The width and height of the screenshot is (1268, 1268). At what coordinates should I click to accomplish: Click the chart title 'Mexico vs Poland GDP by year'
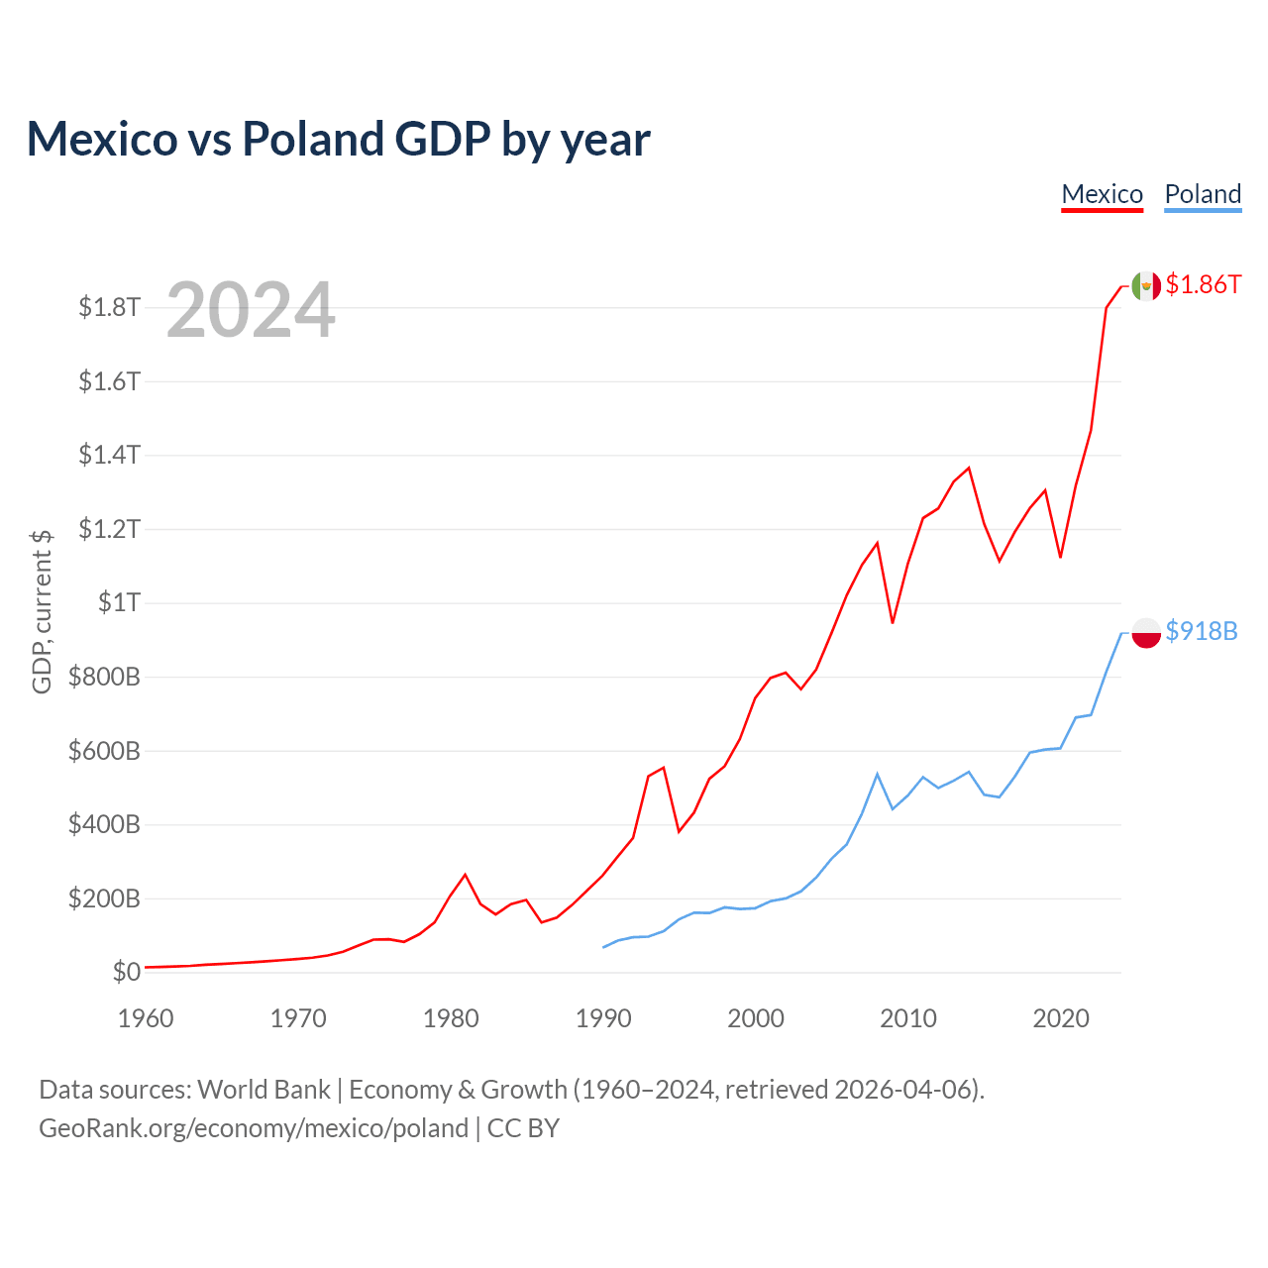pyautogui.click(x=338, y=139)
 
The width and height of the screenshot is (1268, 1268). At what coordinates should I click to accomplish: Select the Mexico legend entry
pyautogui.click(x=1102, y=194)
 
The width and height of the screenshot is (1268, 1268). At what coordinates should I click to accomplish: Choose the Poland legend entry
pyautogui.click(x=1203, y=194)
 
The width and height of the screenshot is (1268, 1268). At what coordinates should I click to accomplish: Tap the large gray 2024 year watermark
pyautogui.click(x=251, y=310)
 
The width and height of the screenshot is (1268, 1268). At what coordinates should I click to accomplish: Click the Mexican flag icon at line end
pyautogui.click(x=1146, y=285)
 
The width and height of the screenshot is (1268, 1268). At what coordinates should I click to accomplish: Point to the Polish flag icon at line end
pyautogui.click(x=1146, y=632)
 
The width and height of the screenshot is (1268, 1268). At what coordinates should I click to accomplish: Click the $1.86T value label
pyautogui.click(x=1203, y=284)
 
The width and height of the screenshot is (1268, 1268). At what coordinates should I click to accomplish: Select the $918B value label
pyautogui.click(x=1202, y=631)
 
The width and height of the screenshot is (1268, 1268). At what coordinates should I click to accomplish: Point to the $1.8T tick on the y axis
pyautogui.click(x=109, y=307)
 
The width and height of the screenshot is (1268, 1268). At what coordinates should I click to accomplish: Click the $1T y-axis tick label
pyautogui.click(x=119, y=602)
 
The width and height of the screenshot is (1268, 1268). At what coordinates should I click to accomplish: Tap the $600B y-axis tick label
pyautogui.click(x=104, y=751)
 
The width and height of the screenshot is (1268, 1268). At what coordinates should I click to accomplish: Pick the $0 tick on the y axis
pyautogui.click(x=126, y=972)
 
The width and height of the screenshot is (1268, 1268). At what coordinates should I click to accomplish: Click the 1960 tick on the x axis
pyautogui.click(x=146, y=1018)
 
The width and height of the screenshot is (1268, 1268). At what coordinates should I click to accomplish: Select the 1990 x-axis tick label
pyautogui.click(x=603, y=1018)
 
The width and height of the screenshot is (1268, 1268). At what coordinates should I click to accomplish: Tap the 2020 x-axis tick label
pyautogui.click(x=1061, y=1018)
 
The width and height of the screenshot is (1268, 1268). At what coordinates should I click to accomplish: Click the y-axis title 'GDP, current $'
pyautogui.click(x=42, y=611)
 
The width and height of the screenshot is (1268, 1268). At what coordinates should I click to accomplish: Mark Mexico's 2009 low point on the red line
pyautogui.click(x=893, y=622)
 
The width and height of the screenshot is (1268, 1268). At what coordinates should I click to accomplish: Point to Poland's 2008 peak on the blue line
pyautogui.click(x=878, y=774)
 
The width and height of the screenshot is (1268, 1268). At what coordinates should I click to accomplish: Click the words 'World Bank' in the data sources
pyautogui.click(x=264, y=1090)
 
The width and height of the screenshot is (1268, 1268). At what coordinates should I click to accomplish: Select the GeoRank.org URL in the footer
pyautogui.click(x=254, y=1128)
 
